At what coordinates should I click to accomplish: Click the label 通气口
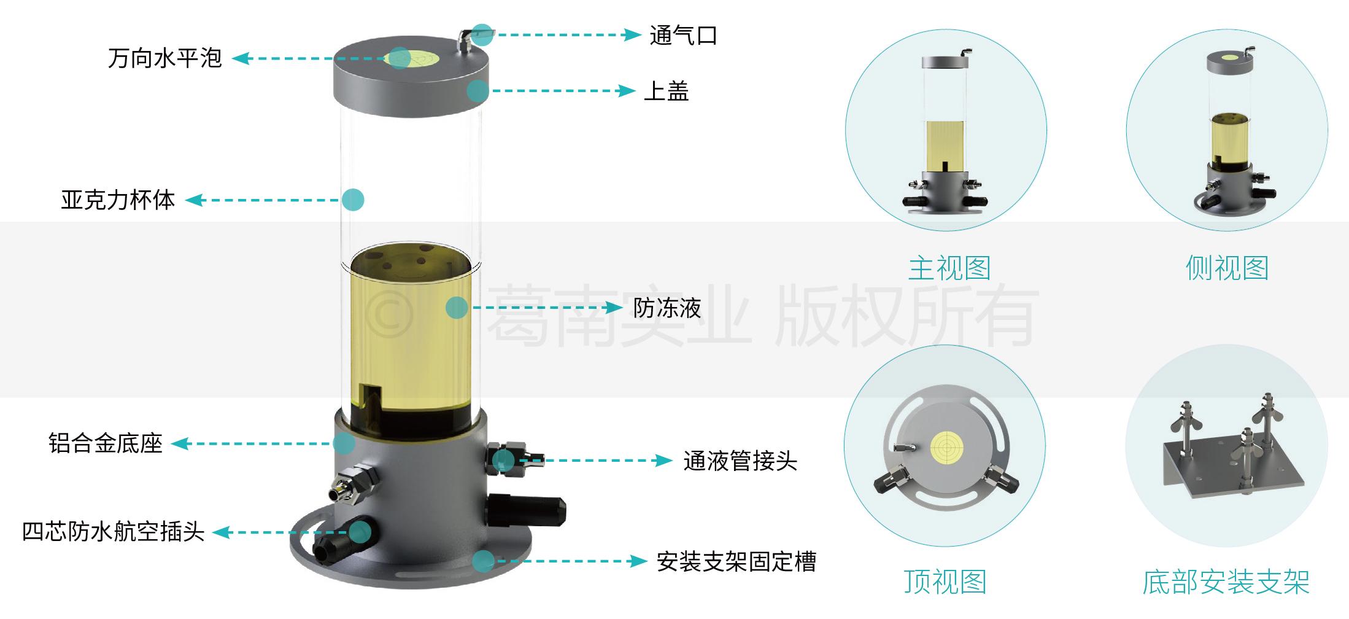click(x=683, y=36)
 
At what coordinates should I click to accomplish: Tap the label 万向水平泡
click(x=164, y=58)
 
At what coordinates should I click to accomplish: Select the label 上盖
click(x=666, y=91)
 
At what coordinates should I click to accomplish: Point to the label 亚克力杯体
click(x=118, y=200)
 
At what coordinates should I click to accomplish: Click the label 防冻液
click(x=667, y=308)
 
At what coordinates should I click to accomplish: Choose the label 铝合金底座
click(x=105, y=443)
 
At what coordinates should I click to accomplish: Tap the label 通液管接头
click(x=740, y=461)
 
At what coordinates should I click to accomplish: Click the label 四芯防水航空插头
click(x=113, y=532)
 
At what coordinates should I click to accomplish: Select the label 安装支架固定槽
click(x=736, y=561)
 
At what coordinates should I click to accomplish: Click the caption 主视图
click(x=949, y=268)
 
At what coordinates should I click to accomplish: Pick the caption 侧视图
click(x=1227, y=268)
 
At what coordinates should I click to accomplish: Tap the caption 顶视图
click(x=945, y=582)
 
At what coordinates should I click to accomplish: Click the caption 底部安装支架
click(x=1226, y=582)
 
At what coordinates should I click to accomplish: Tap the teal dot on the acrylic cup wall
click(x=353, y=200)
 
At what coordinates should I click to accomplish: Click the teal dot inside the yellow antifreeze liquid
click(x=457, y=308)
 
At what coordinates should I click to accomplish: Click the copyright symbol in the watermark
click(x=388, y=315)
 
